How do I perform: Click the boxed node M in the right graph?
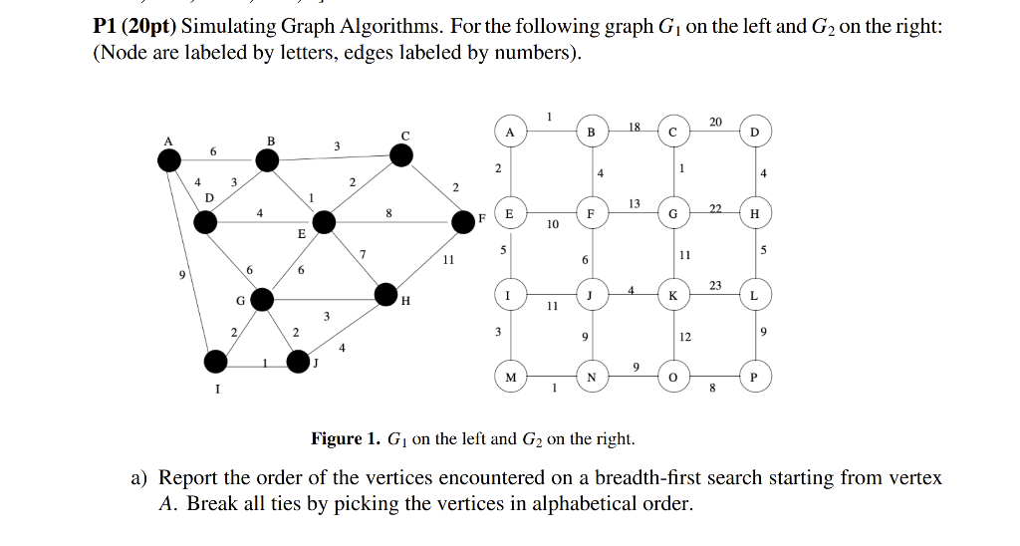[510, 378]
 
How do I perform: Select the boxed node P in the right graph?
[754, 378]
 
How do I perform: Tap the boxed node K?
[673, 296]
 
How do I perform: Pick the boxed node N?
[591, 378]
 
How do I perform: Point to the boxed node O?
[673, 378]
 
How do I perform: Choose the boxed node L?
[754, 296]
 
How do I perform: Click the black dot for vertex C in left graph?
[400, 154]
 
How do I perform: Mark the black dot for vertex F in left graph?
[463, 220]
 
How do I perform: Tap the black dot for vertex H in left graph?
[387, 293]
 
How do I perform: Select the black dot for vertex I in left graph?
[215, 361]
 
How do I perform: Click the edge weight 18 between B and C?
[635, 126]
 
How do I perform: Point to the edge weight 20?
[715, 121]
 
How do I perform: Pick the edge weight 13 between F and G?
[635, 202]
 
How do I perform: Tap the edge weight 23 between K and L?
[715, 285]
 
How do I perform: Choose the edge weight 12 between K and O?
[684, 337]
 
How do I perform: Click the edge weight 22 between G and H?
[714, 207]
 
